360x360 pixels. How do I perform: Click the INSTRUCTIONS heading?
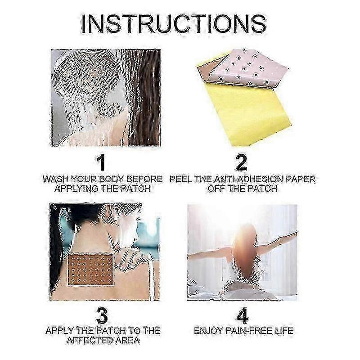pyautogui.click(x=174, y=24)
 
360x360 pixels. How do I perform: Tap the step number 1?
pyautogui.click(x=101, y=162)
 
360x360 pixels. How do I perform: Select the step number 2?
pyautogui.click(x=241, y=162)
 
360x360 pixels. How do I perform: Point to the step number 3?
pyautogui.click(x=102, y=316)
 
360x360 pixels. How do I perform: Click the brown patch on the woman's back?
pyautogui.click(x=91, y=270)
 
